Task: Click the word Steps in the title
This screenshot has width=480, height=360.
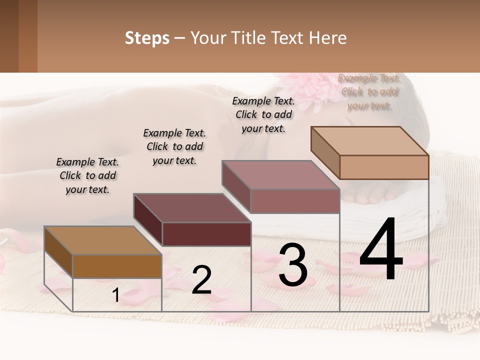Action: tap(147, 38)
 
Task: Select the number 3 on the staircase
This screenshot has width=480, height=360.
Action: tap(293, 265)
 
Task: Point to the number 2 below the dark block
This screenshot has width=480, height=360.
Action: tap(201, 280)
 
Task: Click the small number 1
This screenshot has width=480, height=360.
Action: tap(115, 295)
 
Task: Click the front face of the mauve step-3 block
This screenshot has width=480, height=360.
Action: tap(295, 201)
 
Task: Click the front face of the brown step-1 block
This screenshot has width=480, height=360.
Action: tap(117, 266)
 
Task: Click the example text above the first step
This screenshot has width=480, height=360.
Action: tap(87, 175)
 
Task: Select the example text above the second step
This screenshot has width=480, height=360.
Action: tap(174, 146)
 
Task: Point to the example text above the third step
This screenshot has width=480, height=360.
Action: tap(263, 114)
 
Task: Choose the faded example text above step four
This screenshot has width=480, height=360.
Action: tap(369, 92)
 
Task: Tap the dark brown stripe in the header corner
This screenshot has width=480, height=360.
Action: tap(9, 36)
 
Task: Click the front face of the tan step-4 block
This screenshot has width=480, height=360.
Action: tap(384, 167)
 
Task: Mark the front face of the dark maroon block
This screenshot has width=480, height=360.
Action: tap(206, 234)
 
